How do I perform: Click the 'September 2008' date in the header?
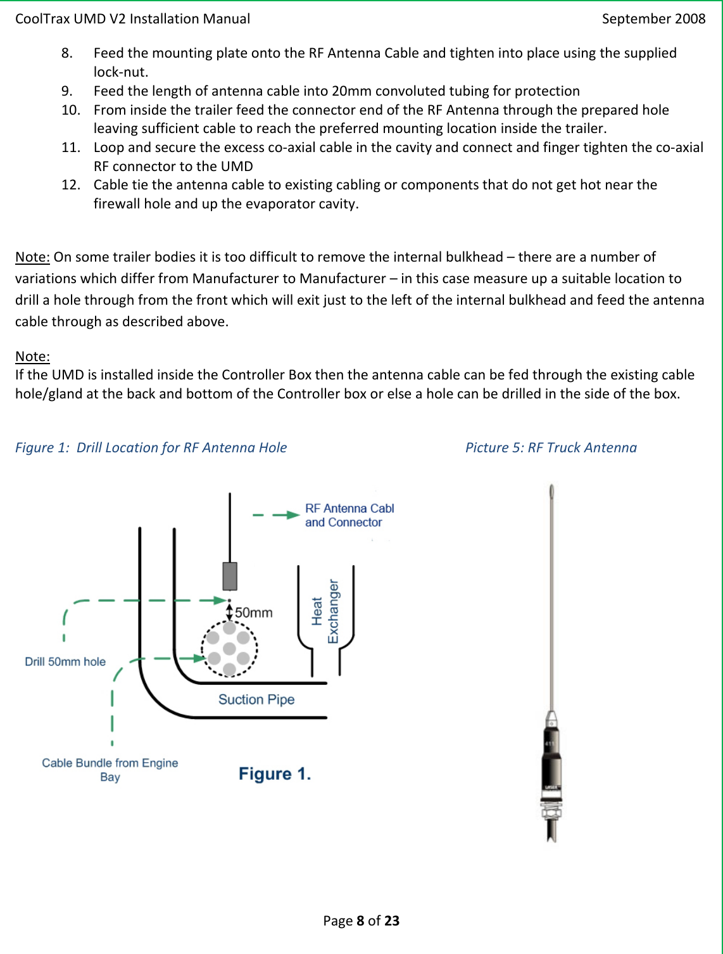[653, 19]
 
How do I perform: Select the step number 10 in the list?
[70, 110]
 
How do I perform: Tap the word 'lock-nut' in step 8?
[120, 72]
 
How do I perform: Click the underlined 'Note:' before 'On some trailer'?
[32, 257]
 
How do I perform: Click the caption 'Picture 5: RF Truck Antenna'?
[551, 448]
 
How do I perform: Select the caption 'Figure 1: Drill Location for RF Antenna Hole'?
[151, 448]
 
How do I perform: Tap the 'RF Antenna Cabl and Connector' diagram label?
[349, 516]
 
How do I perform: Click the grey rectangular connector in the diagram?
[230, 576]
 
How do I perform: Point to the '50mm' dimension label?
[254, 613]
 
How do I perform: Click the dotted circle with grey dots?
[229, 649]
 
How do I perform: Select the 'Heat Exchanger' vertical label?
[325, 611]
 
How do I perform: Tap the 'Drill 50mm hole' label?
[65, 662]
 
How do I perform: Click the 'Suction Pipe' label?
[256, 699]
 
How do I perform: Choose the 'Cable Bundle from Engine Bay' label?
[110, 770]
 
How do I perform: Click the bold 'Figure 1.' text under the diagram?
[275, 774]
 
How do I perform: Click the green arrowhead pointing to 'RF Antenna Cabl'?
[292, 515]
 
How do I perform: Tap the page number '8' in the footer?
[360, 921]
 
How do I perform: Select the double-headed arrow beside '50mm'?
[229, 612]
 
